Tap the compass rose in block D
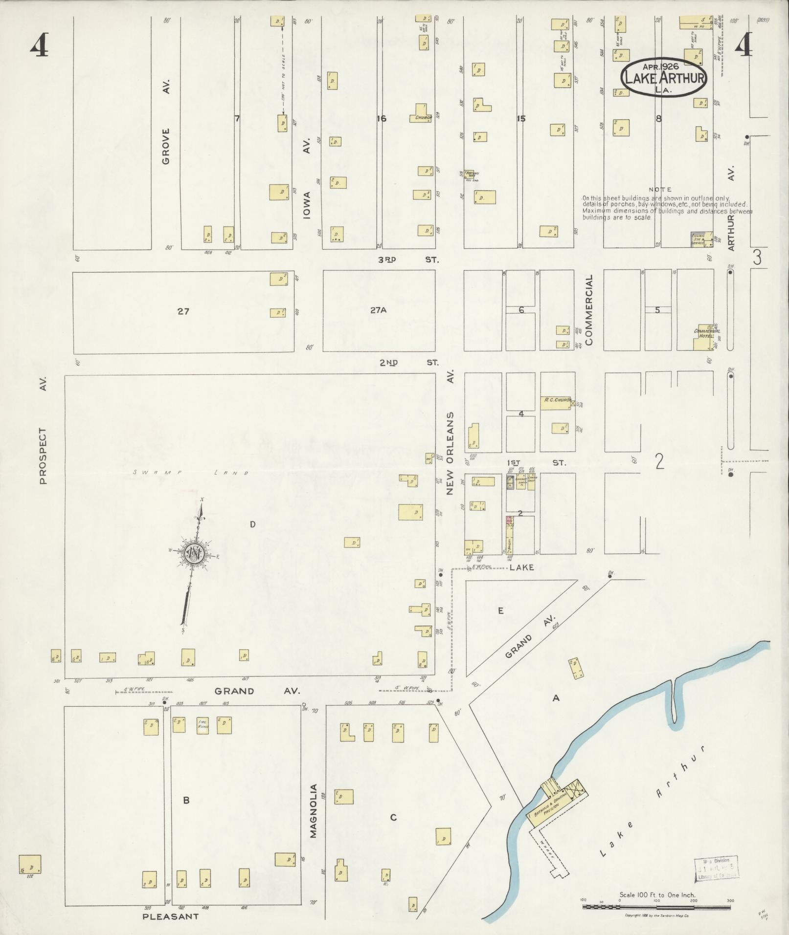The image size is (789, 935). pos(194,553)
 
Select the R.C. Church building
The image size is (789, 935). pos(556,402)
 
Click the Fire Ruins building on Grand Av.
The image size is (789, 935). pos(203,725)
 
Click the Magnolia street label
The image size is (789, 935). pos(314,811)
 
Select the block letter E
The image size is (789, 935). pos(500,610)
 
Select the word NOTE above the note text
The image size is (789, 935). pos(660,189)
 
